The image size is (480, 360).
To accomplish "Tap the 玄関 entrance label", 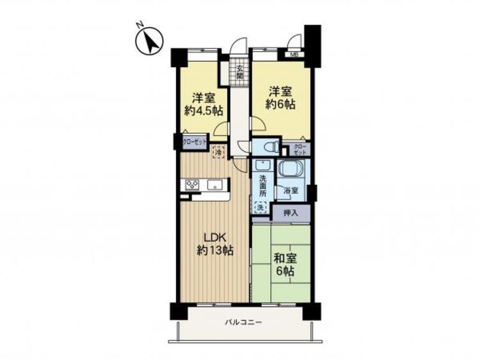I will click(x=239, y=72).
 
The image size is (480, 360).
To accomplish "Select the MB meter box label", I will click(x=295, y=54).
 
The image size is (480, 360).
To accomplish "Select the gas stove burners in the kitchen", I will click(x=193, y=185).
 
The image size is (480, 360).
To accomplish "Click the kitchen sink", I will click(x=215, y=185).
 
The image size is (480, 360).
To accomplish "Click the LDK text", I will click(x=214, y=237).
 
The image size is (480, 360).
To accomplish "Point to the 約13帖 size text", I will click(x=214, y=250).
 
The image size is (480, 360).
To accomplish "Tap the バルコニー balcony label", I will click(x=243, y=323).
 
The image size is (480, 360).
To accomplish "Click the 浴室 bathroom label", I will click(x=291, y=190).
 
